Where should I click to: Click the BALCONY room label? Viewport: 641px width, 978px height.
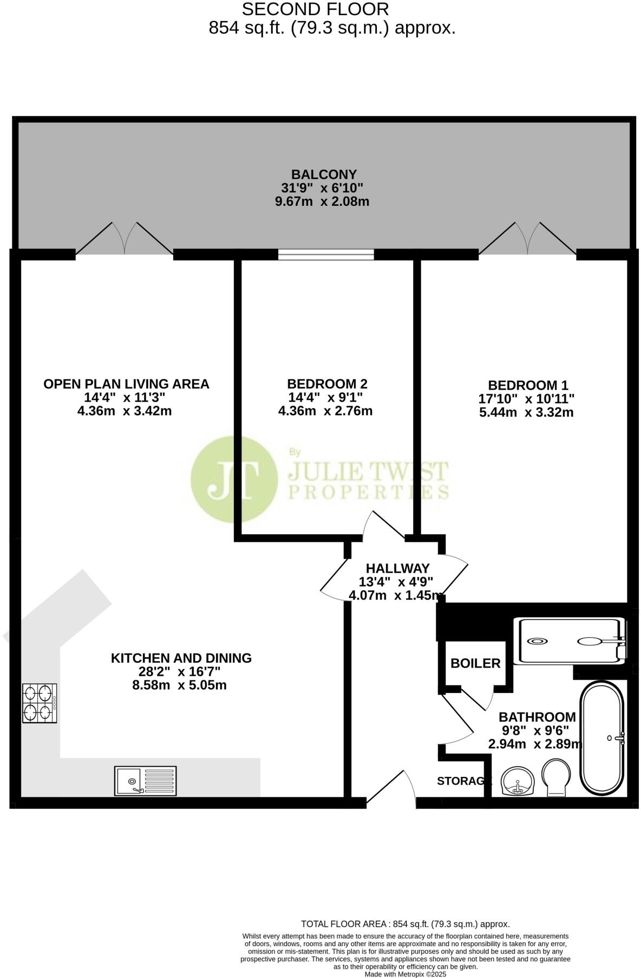[x=324, y=174]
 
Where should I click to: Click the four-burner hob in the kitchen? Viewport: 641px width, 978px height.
[x=40, y=703]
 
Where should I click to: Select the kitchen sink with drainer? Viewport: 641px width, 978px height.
[x=145, y=781]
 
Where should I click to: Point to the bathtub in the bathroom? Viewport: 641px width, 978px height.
[x=603, y=738]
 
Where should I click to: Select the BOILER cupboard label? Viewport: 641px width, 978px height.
[x=475, y=663]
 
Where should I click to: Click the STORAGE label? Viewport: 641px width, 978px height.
[x=463, y=781]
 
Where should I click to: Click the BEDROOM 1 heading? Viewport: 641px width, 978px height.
[x=527, y=385]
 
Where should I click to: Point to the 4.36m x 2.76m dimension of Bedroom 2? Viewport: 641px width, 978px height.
[x=325, y=411]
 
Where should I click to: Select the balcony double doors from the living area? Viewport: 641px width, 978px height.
[x=125, y=239]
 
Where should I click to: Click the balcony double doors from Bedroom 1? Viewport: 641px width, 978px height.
[x=527, y=239]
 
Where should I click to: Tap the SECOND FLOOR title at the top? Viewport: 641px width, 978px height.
[x=315, y=9]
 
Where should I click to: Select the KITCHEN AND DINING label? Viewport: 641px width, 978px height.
[x=181, y=658]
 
